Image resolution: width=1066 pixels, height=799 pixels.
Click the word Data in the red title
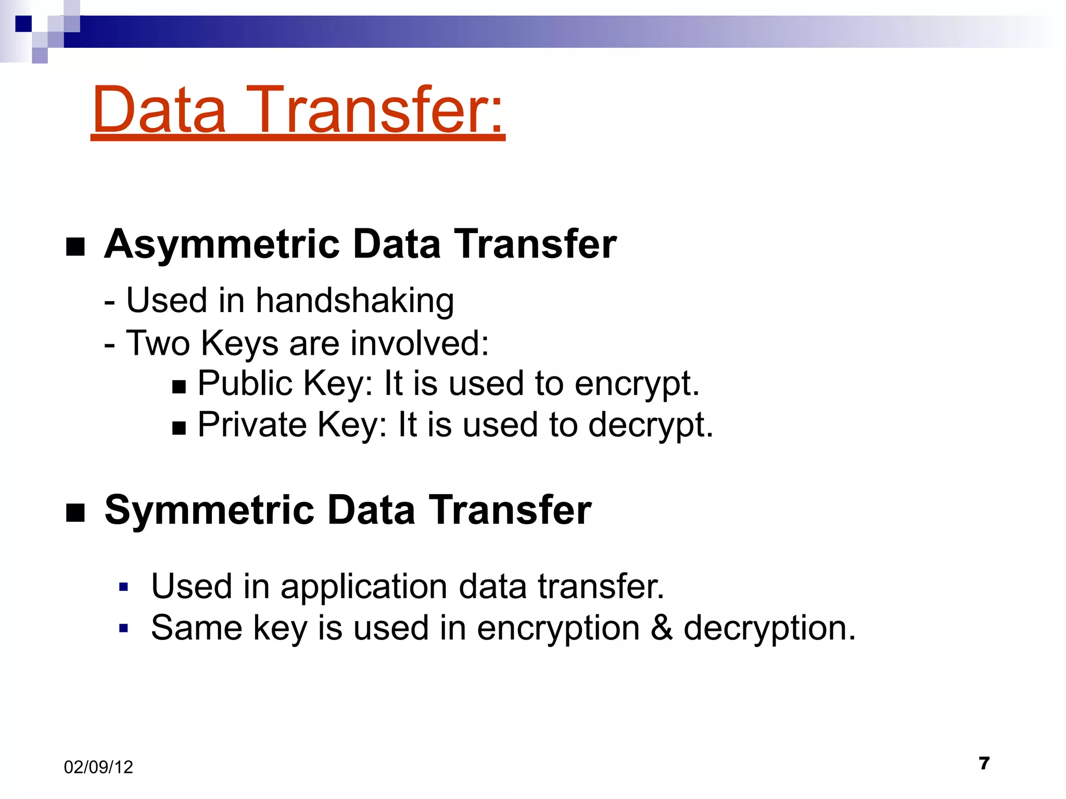159,110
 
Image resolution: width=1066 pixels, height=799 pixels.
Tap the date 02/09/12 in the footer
98,767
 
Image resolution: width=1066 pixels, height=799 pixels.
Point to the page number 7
984,763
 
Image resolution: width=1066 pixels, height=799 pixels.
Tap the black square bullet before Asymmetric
75,247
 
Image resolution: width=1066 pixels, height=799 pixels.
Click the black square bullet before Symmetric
75,513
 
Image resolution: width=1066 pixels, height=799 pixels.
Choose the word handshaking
355,301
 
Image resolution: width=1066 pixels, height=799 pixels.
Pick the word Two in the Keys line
158,343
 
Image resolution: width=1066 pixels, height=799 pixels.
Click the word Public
246,383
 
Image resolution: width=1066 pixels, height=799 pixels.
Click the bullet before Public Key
179,386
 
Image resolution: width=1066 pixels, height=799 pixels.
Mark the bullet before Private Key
179,428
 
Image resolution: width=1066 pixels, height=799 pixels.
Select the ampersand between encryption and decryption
661,627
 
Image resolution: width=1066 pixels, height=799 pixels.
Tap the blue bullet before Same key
123,628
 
